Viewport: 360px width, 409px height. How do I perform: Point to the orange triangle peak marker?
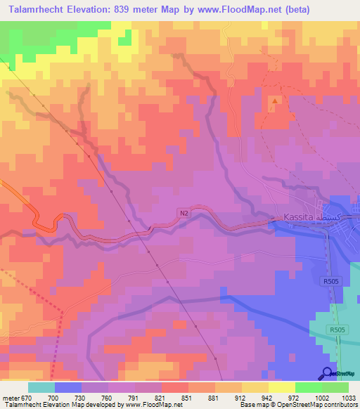coord(274,100)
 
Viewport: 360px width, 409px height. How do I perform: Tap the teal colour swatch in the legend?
coord(41,387)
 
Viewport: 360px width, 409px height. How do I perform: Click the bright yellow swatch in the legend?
coord(282,387)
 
